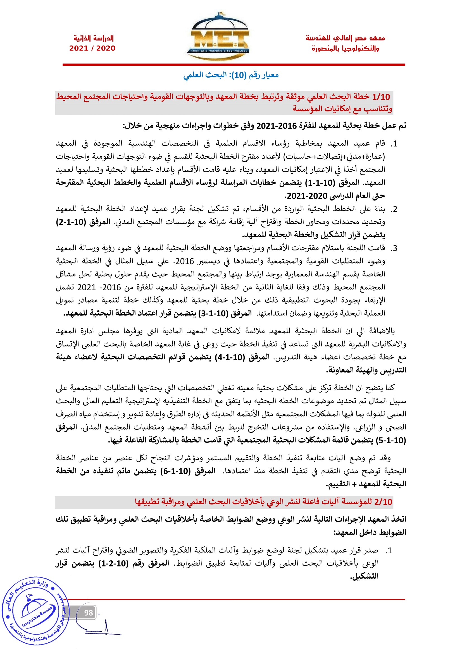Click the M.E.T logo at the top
[x=218, y=37]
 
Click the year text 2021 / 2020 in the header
[x=92, y=48]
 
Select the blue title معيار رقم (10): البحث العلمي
[x=231, y=75]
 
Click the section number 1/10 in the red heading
[x=381, y=97]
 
